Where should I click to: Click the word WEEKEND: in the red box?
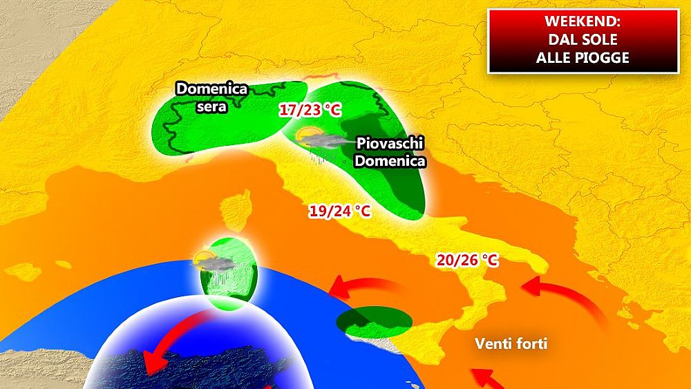pos(583,22)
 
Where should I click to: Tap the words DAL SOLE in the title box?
pos(583,39)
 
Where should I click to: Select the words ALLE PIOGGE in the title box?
pos(583,57)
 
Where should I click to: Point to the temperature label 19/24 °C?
pos(339,211)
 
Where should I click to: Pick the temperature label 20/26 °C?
pos(467,260)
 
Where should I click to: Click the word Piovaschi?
pos(390,144)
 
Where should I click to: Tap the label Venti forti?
pos(511,343)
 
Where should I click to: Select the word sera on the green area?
pos(211,106)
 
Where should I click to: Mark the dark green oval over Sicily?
pos(374,321)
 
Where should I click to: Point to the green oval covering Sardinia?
pos(228,273)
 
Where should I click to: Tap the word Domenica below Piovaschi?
pos(391,161)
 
